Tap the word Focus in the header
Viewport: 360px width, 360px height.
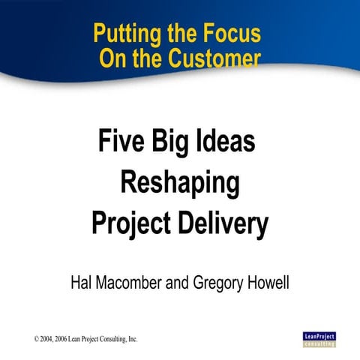(x=233, y=34)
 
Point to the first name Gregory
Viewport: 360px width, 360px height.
(x=220, y=285)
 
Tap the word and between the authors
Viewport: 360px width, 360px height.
(x=178, y=285)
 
